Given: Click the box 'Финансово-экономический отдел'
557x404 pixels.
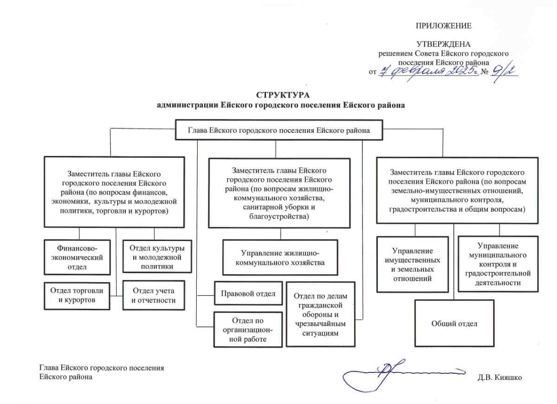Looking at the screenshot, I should click(x=78, y=256).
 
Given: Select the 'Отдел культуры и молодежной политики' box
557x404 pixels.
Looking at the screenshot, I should click(x=156, y=256).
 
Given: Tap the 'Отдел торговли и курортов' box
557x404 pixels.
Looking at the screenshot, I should click(x=78, y=295).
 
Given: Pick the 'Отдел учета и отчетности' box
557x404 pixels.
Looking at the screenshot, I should click(x=154, y=295).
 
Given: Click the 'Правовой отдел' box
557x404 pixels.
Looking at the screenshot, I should click(x=248, y=293).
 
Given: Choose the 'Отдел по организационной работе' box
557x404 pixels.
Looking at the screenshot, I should click(x=248, y=330).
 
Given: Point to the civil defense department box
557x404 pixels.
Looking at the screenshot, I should click(x=320, y=314).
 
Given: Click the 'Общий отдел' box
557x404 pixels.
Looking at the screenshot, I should click(x=454, y=324).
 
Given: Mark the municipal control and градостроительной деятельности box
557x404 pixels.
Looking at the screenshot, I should click(x=498, y=264).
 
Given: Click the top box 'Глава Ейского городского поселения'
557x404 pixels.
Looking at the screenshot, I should click(x=278, y=130).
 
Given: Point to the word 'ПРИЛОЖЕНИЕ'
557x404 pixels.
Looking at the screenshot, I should click(x=443, y=26).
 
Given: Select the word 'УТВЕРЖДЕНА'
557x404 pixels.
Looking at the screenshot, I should click(x=443, y=45).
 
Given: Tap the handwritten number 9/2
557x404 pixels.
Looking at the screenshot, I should click(x=505, y=71).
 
